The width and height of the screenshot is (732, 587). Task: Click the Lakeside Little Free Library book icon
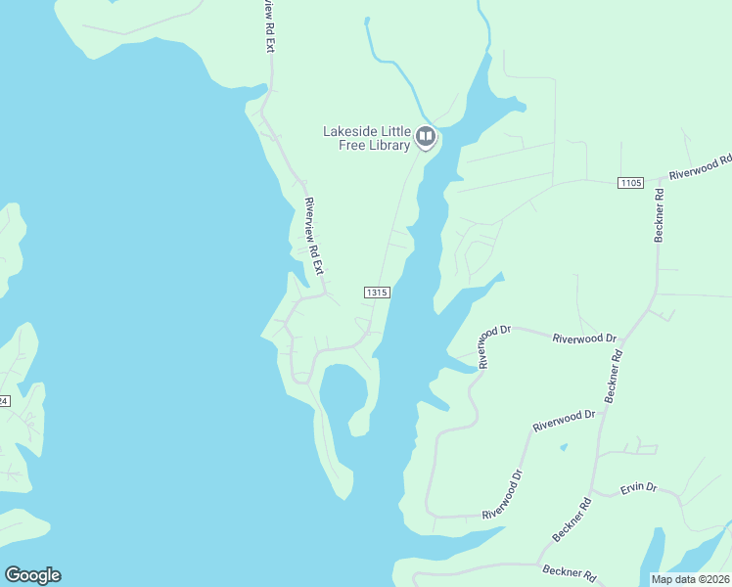425,137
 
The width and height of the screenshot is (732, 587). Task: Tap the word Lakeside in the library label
352,131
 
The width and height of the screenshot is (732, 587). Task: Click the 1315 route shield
378,293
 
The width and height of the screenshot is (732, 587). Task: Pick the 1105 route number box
630,183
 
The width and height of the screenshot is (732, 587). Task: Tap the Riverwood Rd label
701,167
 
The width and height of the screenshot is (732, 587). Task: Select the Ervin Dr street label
638,487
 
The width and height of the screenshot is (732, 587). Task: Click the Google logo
32,575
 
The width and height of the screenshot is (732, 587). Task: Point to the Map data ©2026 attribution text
690,579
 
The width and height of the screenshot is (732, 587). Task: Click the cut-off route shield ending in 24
3,401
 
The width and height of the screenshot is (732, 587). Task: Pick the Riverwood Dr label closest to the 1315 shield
494,346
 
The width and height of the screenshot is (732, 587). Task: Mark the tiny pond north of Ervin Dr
563,448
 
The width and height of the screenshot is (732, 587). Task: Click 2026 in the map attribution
716,579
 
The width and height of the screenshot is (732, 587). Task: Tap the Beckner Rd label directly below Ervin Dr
572,519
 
